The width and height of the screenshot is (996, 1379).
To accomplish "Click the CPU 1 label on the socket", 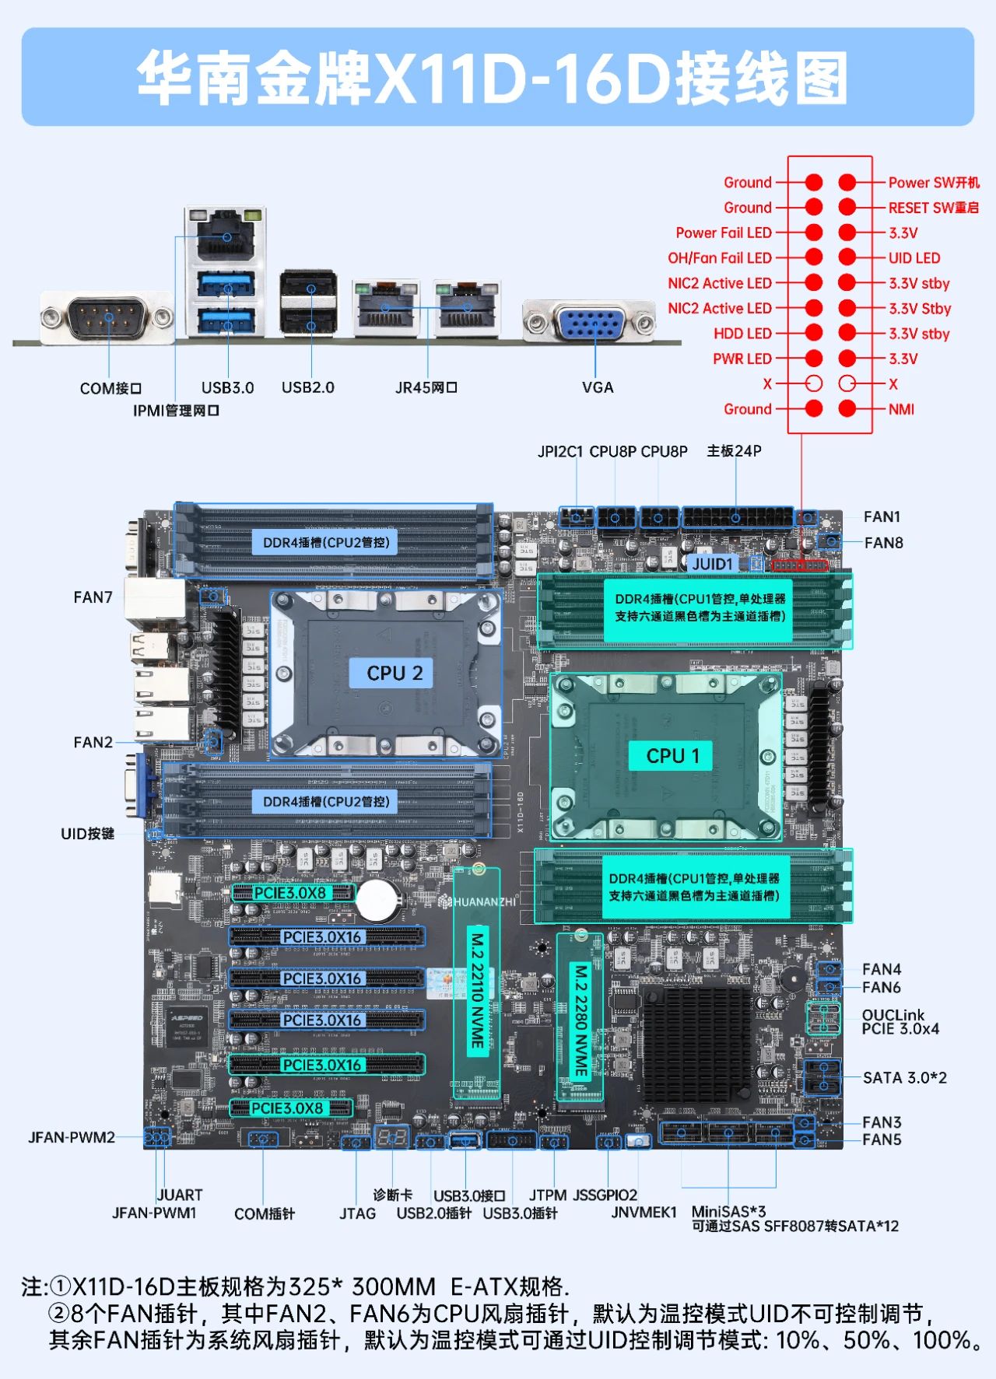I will pos(673,755).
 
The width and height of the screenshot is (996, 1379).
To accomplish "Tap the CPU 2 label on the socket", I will pos(395,673).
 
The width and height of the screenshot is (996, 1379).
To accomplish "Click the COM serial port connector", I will pos(107,317).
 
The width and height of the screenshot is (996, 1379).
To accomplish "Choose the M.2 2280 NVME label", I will pos(580,1020).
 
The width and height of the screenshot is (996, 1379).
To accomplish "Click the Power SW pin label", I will pos(933,183).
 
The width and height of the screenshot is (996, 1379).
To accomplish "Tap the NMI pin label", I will pos(901,409).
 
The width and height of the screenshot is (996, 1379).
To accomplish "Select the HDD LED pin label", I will pos(742,334).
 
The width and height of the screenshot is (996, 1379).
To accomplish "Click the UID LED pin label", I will pos(914,258).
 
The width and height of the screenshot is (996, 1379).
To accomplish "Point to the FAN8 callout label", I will pos(883,542).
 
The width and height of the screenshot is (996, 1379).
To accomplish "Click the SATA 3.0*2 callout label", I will pos(904,1077).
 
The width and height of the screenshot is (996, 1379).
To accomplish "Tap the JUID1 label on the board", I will pos(712,563).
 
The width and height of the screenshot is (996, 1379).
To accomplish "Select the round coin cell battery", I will pos(377,898).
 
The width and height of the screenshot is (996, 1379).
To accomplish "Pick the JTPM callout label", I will pos(548,1195).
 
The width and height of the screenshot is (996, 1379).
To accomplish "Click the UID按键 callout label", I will pos(87,834).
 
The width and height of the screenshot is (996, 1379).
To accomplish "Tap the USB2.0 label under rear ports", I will pos(307,387).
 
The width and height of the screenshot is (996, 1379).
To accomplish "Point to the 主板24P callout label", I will pos(734,451).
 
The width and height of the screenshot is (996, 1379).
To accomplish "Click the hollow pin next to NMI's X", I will pos(847,383).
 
